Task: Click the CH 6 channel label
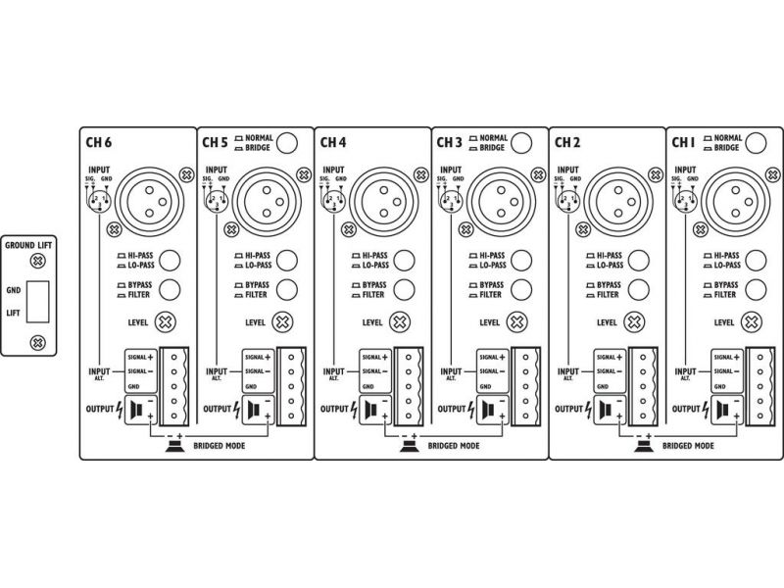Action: pos(100,142)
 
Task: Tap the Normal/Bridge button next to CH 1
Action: pos(754,143)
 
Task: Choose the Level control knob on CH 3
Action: pos(517,321)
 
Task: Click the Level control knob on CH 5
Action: pos(283,321)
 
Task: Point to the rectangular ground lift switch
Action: pos(38,300)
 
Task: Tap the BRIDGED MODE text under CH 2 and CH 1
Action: pos(686,446)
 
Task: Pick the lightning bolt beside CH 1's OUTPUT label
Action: pos(706,408)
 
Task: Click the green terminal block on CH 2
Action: pos(643,388)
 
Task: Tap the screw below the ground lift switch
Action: pos(37,342)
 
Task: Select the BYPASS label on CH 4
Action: pos(374,284)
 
